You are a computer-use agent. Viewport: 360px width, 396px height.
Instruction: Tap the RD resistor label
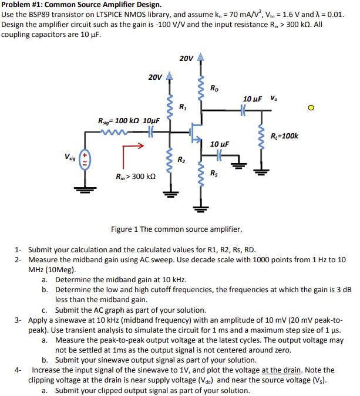click(x=216, y=89)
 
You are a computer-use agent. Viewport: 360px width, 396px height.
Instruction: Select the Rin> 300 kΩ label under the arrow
click(x=136, y=176)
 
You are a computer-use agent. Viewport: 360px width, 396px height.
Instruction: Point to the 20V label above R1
click(x=155, y=77)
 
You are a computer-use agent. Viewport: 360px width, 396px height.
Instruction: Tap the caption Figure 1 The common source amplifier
click(x=176, y=229)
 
